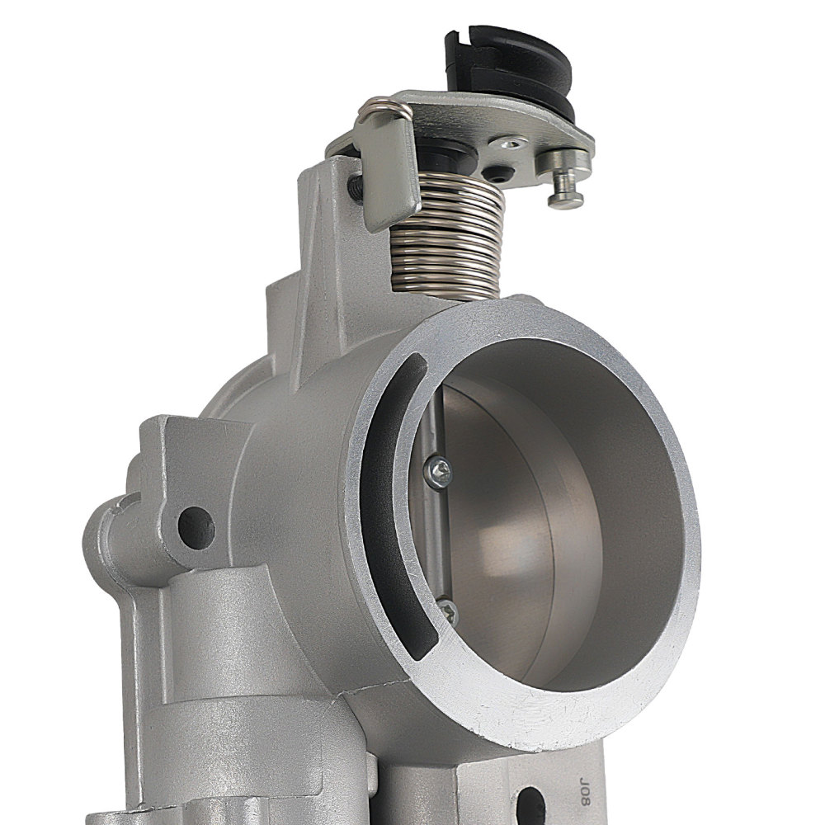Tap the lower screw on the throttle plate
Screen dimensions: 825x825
pyautogui.click(x=448, y=610)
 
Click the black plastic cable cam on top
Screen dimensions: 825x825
pyautogui.click(x=512, y=62)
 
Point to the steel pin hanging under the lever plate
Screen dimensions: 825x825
pyautogui.click(x=565, y=190)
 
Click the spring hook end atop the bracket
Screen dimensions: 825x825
pyautogui.click(x=375, y=107)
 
